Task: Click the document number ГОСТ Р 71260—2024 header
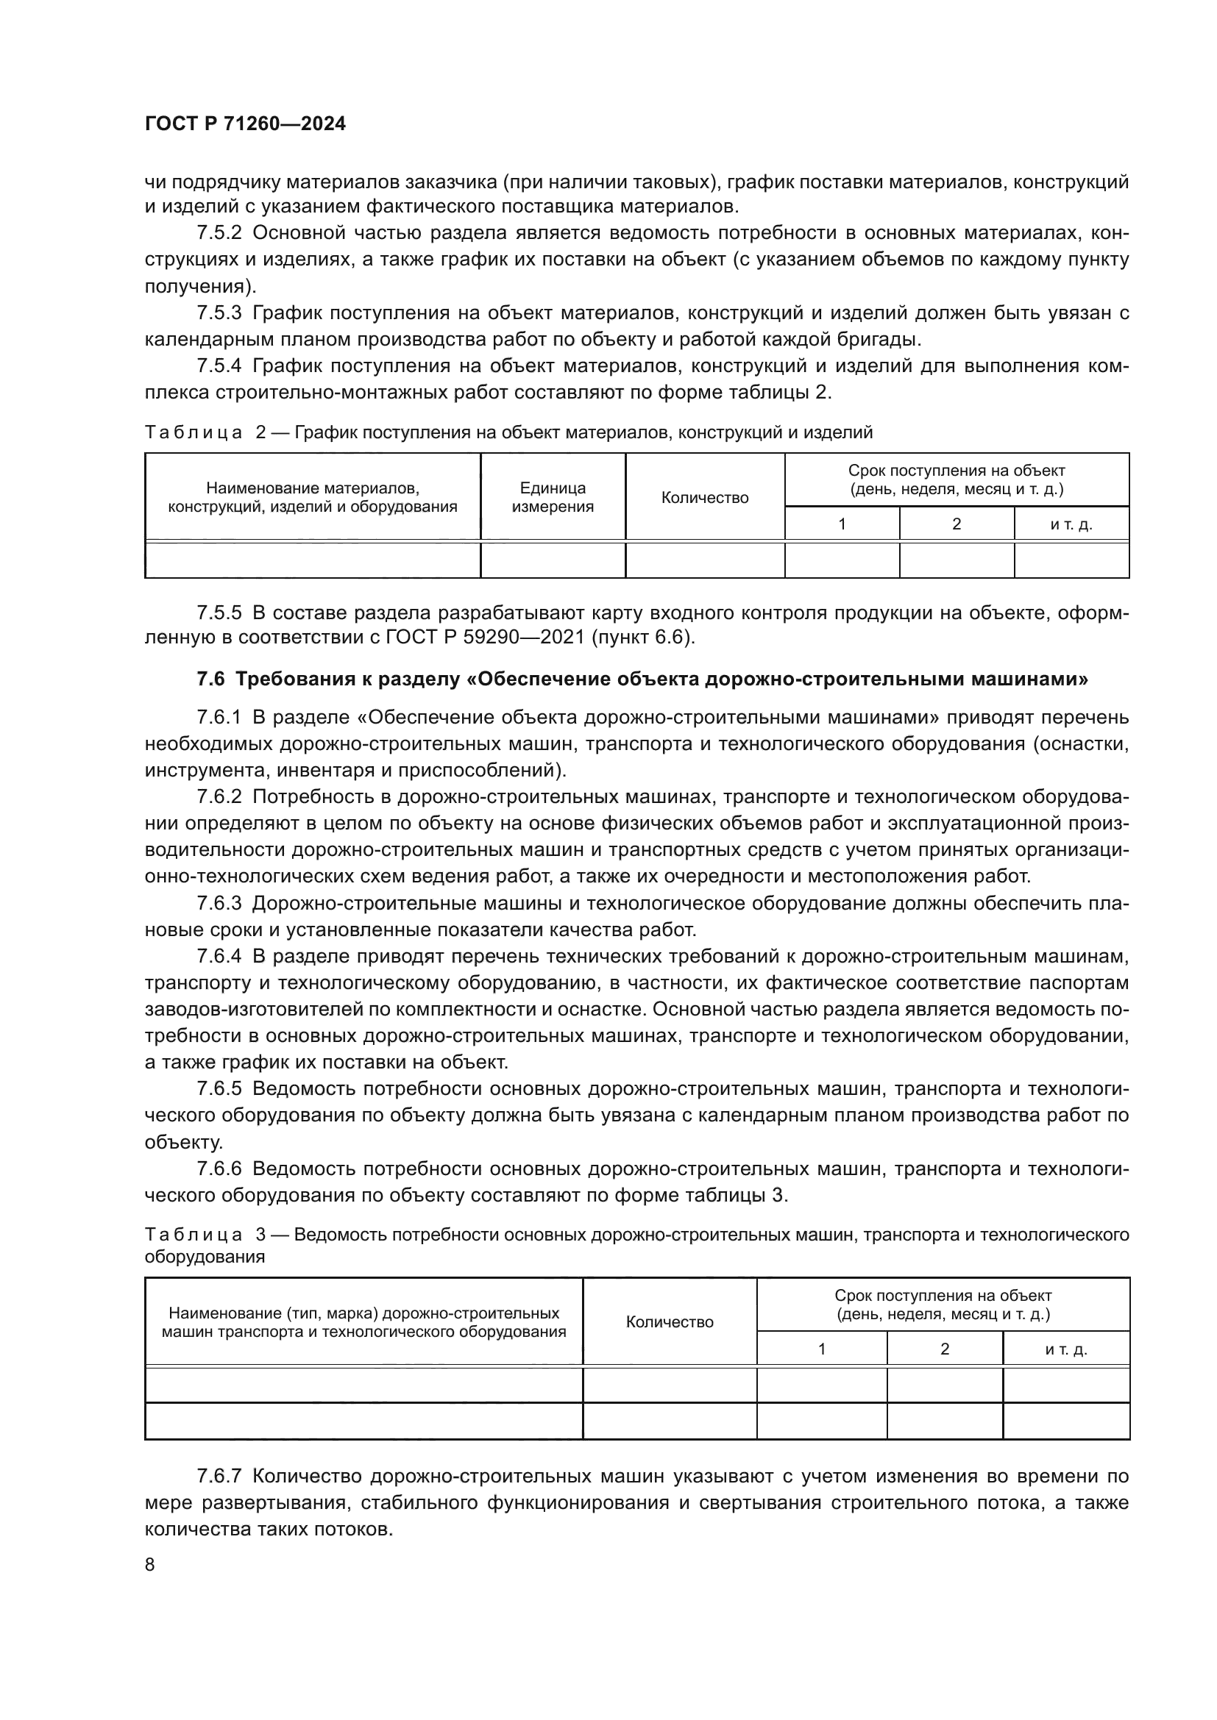coord(245,124)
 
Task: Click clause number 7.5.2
coord(219,233)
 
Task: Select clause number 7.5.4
coord(219,366)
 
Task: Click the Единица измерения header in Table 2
coord(553,497)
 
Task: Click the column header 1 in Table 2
coord(842,524)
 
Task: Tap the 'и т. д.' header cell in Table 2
coord(1071,524)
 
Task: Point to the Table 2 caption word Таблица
coord(194,432)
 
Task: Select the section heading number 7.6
coord(210,679)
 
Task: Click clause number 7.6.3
coord(219,904)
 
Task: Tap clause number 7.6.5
coord(219,1088)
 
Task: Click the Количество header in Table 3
coord(669,1343)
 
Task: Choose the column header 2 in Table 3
coord(944,1370)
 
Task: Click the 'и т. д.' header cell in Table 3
coord(1065,1370)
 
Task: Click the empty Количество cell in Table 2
coord(704,560)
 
